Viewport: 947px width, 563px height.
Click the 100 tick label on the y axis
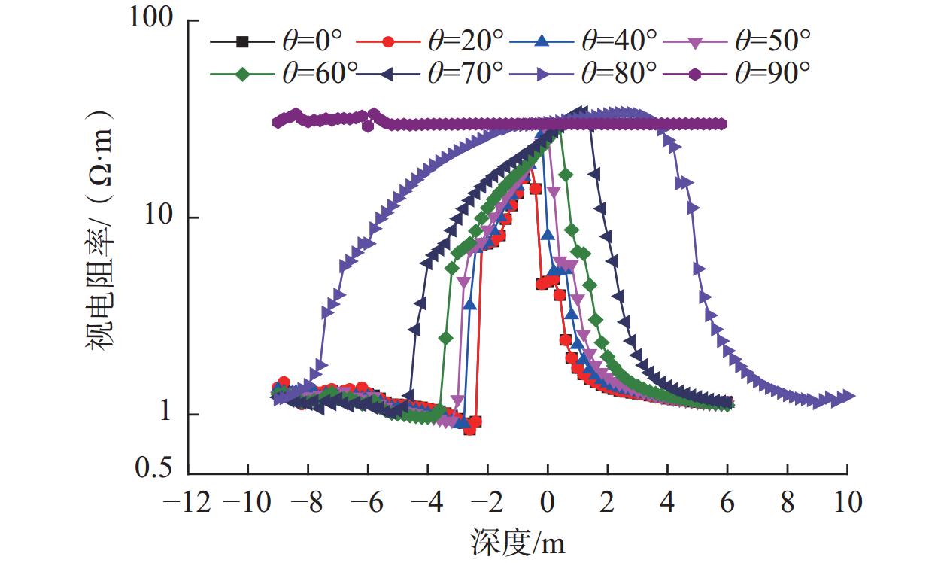[x=153, y=20]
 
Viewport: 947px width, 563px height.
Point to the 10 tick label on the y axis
[x=162, y=218]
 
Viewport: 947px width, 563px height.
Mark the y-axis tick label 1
[x=171, y=415]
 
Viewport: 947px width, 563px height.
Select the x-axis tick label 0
[x=547, y=501]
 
